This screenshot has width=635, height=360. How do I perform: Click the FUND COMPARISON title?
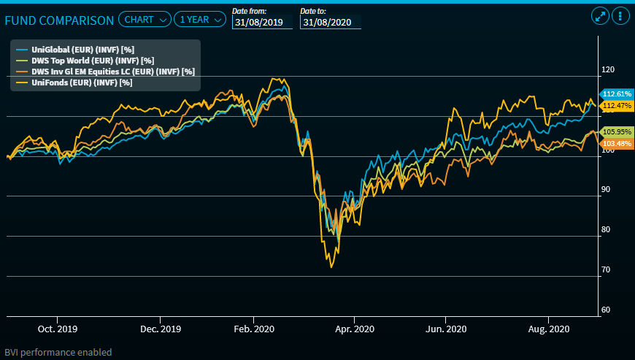point(59,20)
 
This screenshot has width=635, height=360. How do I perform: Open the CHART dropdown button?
point(144,20)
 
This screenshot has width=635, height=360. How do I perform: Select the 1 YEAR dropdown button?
point(200,20)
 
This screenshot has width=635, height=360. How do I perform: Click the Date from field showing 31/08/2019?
point(262,23)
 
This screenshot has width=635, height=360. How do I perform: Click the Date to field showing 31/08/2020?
point(330,23)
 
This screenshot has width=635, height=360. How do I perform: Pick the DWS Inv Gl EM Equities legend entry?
point(102,72)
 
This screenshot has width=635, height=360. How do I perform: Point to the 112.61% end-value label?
point(616,94)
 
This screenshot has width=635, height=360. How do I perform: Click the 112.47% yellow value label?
point(616,106)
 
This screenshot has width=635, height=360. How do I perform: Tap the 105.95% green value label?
point(616,131)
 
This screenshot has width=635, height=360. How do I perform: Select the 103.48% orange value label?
point(616,143)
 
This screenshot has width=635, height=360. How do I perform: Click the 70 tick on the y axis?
point(605,269)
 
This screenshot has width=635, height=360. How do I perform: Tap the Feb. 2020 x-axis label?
point(253,329)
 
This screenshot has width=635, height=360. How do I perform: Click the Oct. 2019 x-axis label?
point(58,329)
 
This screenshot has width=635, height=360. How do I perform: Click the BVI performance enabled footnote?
point(58,352)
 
